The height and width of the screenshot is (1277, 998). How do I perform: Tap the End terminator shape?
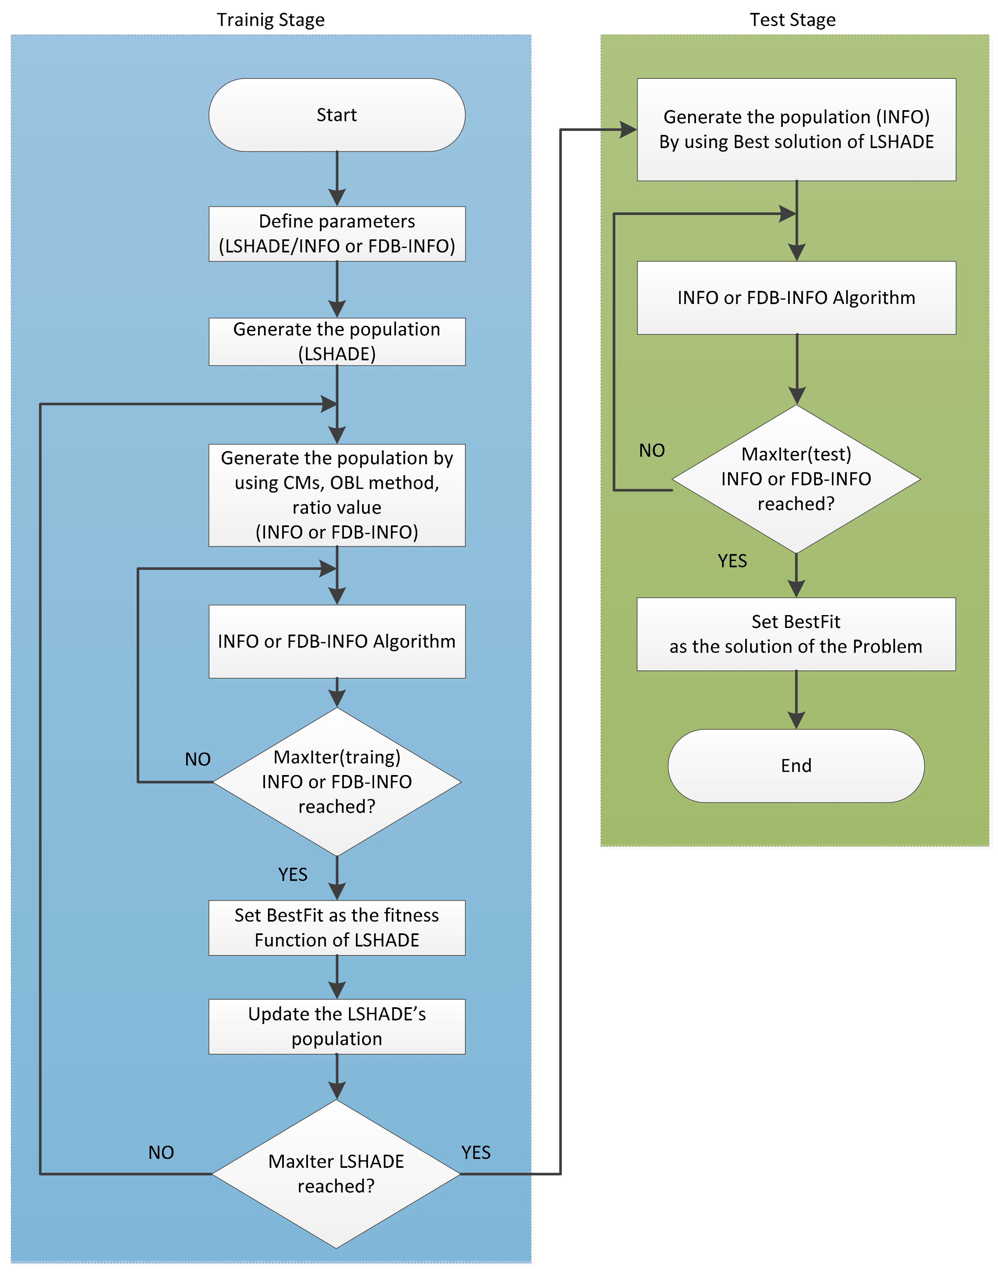[x=796, y=765]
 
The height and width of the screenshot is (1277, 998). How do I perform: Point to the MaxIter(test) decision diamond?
[x=796, y=479]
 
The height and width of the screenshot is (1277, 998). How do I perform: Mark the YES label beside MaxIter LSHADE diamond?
[x=476, y=1152]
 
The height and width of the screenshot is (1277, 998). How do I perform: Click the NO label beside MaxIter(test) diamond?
[x=652, y=450]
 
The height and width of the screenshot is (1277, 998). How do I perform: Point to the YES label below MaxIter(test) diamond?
[x=732, y=561]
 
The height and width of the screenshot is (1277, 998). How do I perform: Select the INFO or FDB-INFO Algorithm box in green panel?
[x=796, y=297]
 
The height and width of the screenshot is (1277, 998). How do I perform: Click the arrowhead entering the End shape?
[x=796, y=720]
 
